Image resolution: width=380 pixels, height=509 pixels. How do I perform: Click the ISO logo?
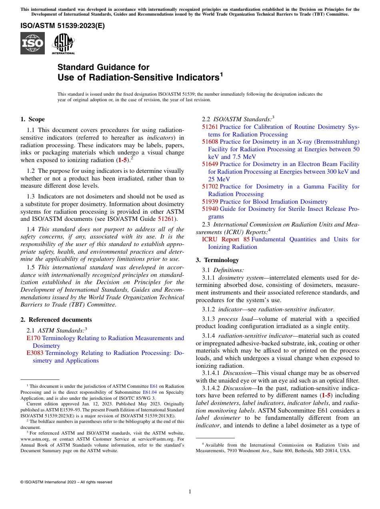click(32, 44)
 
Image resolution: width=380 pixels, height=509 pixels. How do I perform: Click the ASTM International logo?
click(63, 44)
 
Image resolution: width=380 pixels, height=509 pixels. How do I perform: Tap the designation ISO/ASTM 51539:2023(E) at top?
click(62, 26)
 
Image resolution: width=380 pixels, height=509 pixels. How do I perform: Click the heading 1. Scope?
click(32, 119)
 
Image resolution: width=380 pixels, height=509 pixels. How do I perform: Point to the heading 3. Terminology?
click(217, 260)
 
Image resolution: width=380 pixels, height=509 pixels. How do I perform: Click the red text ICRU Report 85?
click(226, 240)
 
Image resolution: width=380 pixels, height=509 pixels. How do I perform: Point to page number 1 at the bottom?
click(190, 492)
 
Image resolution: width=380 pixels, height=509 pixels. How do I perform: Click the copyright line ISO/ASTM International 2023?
click(66, 482)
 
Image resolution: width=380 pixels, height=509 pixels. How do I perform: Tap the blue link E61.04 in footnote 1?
click(150, 393)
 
